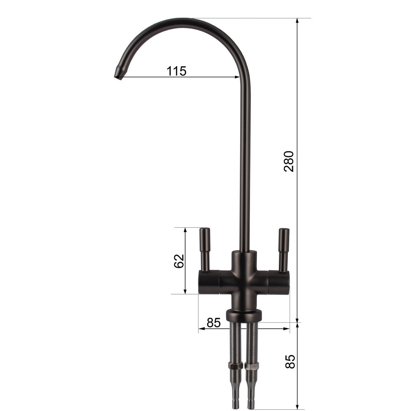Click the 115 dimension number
pyautogui.click(x=176, y=71)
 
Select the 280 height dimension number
pyautogui.click(x=289, y=161)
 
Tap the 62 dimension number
pyautogui.click(x=179, y=261)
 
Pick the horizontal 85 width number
pyautogui.click(x=214, y=323)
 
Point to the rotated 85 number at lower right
pyautogui.click(x=290, y=361)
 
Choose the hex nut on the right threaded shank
pyautogui.click(x=251, y=365)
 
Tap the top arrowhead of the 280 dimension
pyautogui.click(x=297, y=21)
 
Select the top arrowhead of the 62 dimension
pyautogui.click(x=185, y=231)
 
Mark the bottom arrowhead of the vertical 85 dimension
pyautogui.click(x=297, y=406)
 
